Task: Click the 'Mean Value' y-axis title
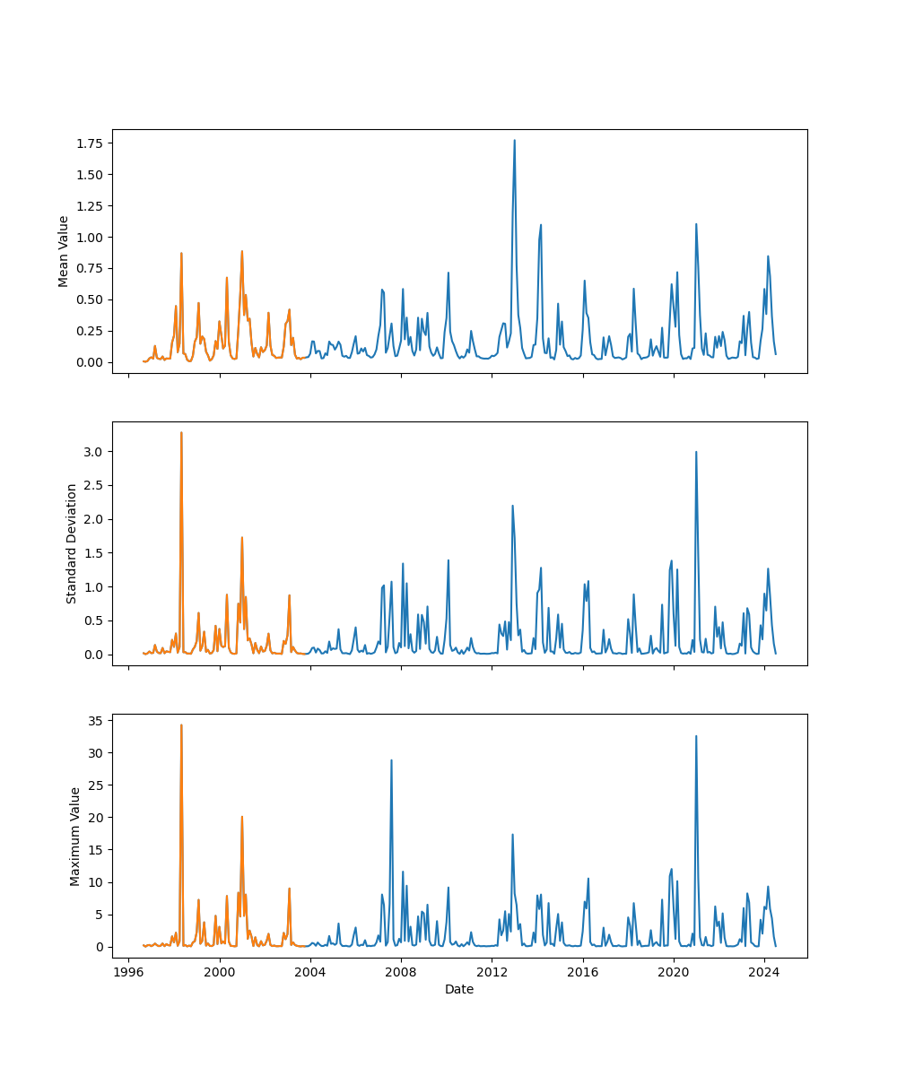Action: [x=64, y=251]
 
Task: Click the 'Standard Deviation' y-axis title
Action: [x=72, y=543]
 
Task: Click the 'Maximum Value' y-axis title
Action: [x=75, y=836]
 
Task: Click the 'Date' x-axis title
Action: [x=459, y=989]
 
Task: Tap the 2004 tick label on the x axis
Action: [x=310, y=972]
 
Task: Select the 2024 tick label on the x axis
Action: [x=764, y=972]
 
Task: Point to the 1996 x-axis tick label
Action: [x=128, y=972]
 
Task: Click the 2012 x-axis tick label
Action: [x=492, y=972]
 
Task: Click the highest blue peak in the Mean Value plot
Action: [x=514, y=141]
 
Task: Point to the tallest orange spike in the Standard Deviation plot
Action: [x=181, y=433]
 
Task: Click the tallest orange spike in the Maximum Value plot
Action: [x=181, y=725]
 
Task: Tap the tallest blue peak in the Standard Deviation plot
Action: [x=696, y=453]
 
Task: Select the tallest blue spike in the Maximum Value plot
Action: [x=696, y=736]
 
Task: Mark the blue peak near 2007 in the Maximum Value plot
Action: [x=391, y=760]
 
